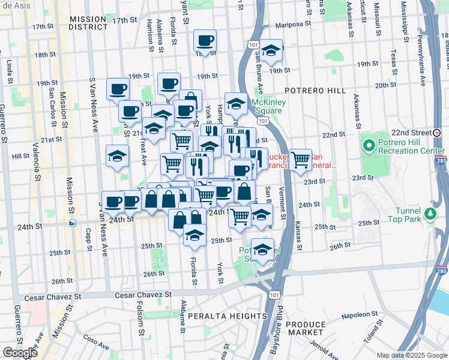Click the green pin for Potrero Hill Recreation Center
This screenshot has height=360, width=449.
pos(368,145)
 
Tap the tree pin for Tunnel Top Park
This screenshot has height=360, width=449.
pos(430,214)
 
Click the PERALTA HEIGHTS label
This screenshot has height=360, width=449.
pos(226,316)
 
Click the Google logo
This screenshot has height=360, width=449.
pos(20,353)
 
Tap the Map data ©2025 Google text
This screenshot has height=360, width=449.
pos(412,355)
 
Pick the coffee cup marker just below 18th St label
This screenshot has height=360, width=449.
pos(205,42)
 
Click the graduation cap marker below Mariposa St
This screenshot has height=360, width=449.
pos(271,52)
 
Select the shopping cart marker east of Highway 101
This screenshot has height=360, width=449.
pos(300,160)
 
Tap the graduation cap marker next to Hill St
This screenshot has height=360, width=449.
pos(117,157)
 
